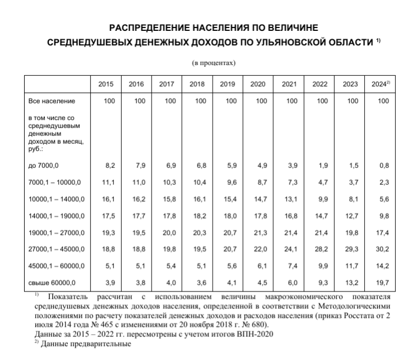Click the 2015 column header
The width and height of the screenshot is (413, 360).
click(x=105, y=84)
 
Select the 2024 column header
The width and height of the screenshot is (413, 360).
click(x=380, y=84)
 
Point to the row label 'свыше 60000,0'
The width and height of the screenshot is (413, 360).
click(x=51, y=282)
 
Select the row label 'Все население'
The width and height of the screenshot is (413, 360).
click(x=51, y=101)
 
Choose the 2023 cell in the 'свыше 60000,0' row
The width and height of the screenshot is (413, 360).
click(x=351, y=282)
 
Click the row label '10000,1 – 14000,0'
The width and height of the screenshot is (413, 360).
click(x=56, y=199)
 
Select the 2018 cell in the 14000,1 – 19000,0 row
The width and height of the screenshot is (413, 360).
click(x=200, y=216)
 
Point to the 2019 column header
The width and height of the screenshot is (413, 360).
click(x=227, y=84)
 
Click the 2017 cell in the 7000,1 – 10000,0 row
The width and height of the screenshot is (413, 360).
click(x=169, y=183)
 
